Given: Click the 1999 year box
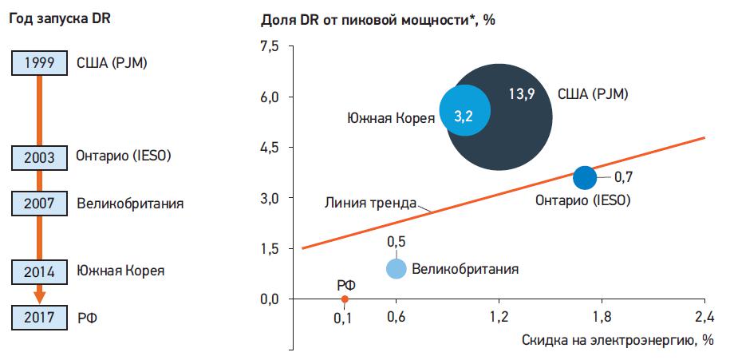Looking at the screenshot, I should tap(39, 61).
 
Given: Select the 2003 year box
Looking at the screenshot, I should tap(39, 157).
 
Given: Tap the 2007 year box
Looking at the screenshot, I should tap(39, 204).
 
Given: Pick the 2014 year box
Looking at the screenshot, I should tap(39, 271).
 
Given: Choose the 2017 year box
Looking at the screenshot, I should tap(39, 318).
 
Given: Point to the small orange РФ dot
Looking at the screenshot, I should tap(345, 299).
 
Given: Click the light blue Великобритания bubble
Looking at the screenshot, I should tap(397, 268).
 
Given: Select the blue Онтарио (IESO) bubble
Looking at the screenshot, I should tap(585, 176).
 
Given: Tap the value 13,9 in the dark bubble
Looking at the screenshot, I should tap(521, 94).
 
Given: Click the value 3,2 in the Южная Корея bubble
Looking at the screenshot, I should tap(464, 117).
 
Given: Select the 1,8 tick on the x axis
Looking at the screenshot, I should tap(602, 316).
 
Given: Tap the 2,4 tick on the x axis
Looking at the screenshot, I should tap(704, 316).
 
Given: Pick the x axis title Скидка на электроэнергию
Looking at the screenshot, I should tap(617, 341).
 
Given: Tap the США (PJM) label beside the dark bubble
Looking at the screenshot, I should tap(594, 94).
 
